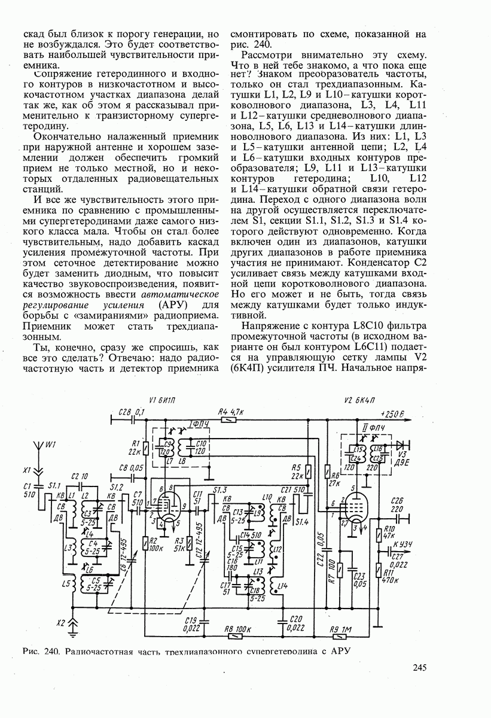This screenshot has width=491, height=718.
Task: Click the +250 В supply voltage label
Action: point(392,414)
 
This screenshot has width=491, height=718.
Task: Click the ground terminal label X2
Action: point(60,623)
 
